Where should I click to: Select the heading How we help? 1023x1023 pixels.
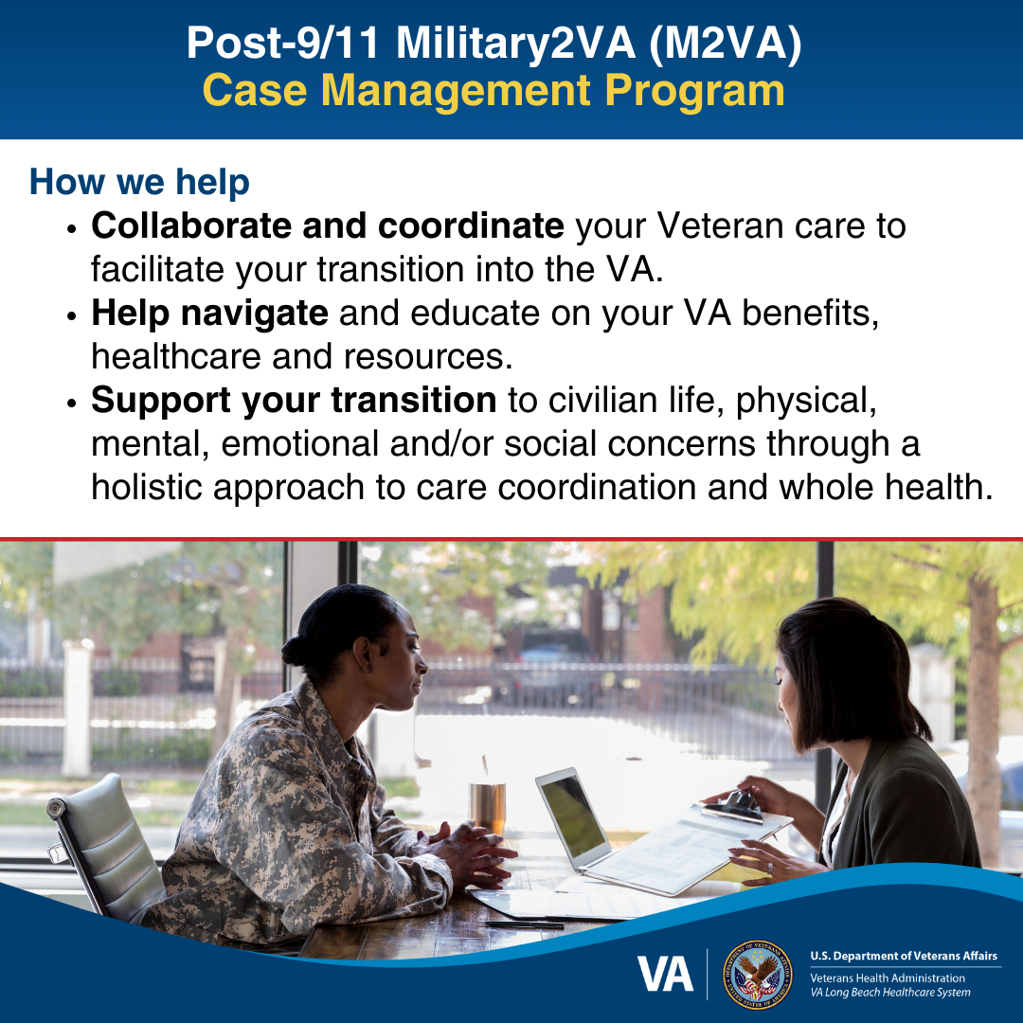point(139,182)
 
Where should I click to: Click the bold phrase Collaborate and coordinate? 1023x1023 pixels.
point(327,226)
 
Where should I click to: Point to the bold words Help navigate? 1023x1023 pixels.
point(209,314)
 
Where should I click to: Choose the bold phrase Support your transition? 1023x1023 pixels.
point(294,401)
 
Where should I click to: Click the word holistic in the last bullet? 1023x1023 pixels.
point(146,487)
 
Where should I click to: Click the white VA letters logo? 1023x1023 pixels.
point(665,973)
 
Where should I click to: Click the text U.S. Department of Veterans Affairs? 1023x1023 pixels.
point(904,957)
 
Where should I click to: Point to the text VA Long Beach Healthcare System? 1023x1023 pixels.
point(889,993)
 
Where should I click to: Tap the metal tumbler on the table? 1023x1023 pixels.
point(488,805)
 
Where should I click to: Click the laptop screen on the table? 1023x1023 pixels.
point(572,815)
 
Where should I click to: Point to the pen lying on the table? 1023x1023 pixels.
point(522,923)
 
